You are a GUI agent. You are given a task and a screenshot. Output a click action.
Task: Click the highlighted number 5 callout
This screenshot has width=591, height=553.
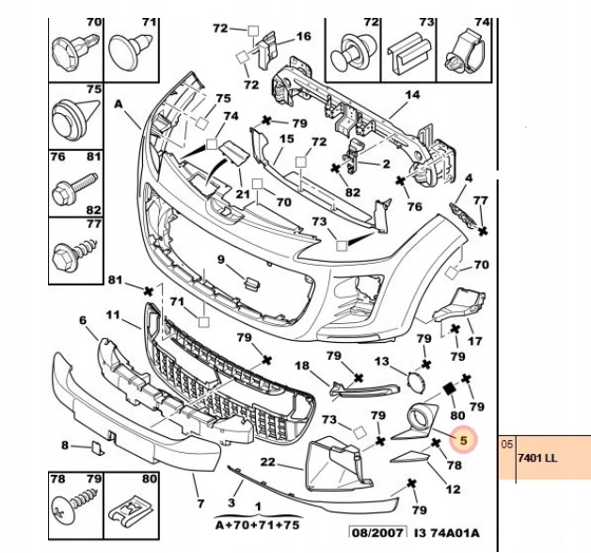(464, 440)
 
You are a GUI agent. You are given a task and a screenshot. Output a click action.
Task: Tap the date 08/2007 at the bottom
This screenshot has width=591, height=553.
(378, 532)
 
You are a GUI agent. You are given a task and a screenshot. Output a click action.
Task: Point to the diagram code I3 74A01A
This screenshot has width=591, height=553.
(447, 532)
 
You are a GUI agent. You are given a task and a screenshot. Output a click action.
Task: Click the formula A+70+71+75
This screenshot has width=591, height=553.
(258, 525)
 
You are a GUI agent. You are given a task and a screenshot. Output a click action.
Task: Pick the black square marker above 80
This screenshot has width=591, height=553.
(449, 388)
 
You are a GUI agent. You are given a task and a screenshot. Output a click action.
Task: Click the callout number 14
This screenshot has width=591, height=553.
(412, 95)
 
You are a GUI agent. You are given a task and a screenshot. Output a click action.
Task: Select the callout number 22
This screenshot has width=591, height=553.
(267, 462)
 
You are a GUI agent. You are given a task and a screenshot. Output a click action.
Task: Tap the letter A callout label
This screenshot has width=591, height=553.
(119, 104)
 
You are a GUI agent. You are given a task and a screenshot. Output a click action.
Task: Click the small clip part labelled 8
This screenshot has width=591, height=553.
(98, 447)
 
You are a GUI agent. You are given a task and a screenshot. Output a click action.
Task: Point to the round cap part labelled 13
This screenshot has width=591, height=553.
(417, 381)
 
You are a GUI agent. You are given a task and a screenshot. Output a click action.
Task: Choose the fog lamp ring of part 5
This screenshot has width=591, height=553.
(419, 418)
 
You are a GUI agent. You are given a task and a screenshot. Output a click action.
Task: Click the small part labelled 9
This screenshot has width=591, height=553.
(252, 284)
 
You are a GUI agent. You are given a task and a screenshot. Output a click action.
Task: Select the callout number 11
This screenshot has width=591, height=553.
(112, 315)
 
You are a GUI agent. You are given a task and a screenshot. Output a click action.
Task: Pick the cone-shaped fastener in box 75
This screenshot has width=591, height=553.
(74, 117)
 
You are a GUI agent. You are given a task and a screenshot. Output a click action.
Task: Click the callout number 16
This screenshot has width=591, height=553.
(303, 36)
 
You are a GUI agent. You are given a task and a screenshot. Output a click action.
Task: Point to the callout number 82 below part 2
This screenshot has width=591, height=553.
(352, 192)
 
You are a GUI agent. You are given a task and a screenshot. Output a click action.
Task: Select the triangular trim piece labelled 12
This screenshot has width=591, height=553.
(410, 457)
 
